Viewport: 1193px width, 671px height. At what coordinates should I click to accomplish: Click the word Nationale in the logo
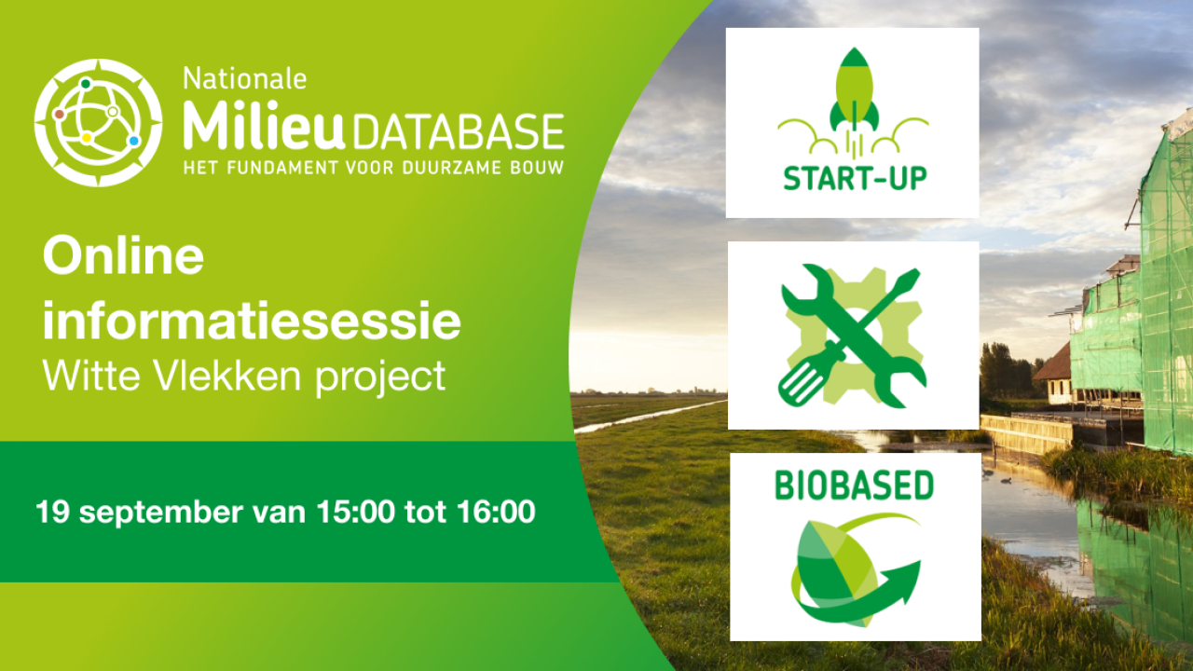tap(245, 79)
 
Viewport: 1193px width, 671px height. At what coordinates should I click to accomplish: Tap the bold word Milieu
tap(264, 126)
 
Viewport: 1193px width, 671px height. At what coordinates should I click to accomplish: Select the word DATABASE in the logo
tap(458, 131)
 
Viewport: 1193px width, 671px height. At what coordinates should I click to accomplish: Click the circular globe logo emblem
tap(98, 122)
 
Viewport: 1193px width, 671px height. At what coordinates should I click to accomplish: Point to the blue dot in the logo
tap(133, 141)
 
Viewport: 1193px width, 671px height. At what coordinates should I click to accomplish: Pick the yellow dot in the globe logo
tap(87, 138)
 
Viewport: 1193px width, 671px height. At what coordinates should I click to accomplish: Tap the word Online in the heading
tap(123, 256)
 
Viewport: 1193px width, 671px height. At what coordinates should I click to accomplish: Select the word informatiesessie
tap(252, 321)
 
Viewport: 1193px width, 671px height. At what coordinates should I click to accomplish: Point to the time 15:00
tap(355, 512)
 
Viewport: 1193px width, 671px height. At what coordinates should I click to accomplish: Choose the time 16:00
tap(496, 512)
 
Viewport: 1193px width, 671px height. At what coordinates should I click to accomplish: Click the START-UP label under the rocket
tap(856, 178)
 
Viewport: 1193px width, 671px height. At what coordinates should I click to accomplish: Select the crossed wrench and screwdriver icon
tap(853, 336)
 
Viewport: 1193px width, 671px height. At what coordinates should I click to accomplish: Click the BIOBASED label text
tap(855, 486)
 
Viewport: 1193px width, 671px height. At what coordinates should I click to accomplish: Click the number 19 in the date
tap(53, 512)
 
